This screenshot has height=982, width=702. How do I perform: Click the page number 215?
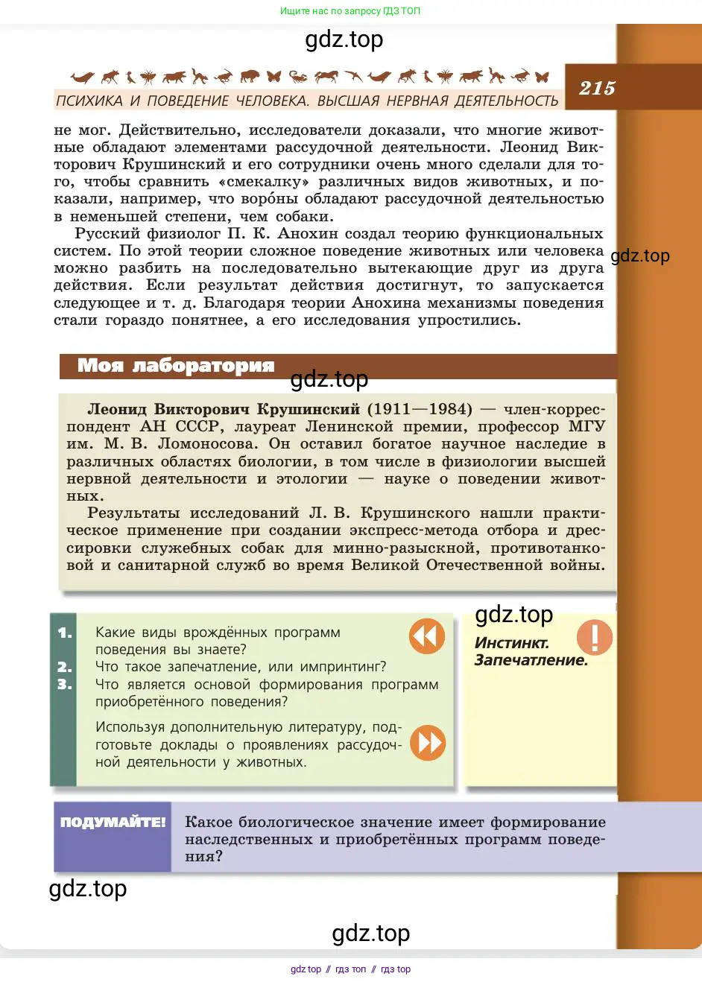pos(597,89)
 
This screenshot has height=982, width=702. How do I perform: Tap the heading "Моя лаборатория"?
pos(176,366)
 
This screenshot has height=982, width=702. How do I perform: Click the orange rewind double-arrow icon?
pos(427,636)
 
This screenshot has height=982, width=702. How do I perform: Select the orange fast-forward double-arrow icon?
pos(428,743)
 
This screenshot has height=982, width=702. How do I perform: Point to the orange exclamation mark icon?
pos(595,637)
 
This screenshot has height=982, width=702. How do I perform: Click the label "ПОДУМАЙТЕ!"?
pos(113,823)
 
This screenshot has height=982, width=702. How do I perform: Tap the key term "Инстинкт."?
pos(511,643)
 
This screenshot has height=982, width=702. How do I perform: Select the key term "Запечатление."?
pos(531,660)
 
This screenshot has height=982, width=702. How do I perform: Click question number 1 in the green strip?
pos(65,633)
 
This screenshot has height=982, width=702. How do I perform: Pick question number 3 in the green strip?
pos(65,684)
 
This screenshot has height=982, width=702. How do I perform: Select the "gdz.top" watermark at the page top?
pos(344,39)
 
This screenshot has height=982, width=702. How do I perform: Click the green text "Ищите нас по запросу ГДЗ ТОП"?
pos(350,11)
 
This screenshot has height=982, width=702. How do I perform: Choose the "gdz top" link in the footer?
pos(306,969)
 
